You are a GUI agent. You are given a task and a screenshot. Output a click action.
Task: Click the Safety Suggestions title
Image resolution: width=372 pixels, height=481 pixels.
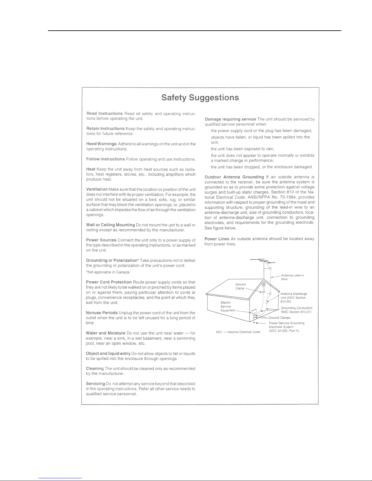pyautogui.click(x=200, y=98)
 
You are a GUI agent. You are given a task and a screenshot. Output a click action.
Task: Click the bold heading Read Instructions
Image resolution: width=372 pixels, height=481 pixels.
pyautogui.click(x=104, y=113)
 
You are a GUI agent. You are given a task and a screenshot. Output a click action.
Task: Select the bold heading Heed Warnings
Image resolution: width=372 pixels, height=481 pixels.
pyautogui.click(x=101, y=144)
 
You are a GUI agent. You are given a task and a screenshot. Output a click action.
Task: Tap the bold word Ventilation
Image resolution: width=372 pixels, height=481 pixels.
pyautogui.click(x=97, y=189)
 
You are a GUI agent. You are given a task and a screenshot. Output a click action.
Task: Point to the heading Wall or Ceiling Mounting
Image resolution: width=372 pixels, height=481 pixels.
pyautogui.click(x=111, y=225)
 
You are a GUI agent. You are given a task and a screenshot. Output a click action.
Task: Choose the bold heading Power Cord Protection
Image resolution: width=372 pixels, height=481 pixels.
pyautogui.click(x=109, y=282)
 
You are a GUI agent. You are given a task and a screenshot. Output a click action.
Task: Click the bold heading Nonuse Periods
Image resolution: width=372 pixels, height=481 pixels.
pyautogui.click(x=102, y=313)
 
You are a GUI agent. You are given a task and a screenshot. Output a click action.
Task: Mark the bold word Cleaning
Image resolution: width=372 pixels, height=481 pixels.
pyautogui.click(x=95, y=368)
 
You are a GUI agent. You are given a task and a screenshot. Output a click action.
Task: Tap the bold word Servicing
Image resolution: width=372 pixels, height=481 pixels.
pyautogui.click(x=95, y=384)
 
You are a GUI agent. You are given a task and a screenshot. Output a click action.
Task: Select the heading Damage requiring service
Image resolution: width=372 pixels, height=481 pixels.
pyautogui.click(x=230, y=119)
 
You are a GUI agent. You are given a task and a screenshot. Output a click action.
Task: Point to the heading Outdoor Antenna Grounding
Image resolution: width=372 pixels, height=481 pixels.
pyautogui.click(x=234, y=177)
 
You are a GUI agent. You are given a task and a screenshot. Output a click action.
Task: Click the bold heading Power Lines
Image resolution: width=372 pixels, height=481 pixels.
pyautogui.click(x=217, y=239)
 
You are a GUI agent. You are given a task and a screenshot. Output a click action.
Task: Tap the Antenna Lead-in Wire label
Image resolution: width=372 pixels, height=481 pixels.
pyautogui.click(x=292, y=277)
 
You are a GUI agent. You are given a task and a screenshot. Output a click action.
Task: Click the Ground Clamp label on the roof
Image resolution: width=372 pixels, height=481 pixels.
pyautogui.click(x=241, y=286)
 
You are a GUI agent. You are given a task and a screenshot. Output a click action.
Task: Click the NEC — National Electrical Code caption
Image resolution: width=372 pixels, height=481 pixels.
pyautogui.click(x=238, y=332)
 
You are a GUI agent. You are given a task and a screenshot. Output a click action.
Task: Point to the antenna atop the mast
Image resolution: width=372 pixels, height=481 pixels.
pyautogui.click(x=263, y=261)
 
